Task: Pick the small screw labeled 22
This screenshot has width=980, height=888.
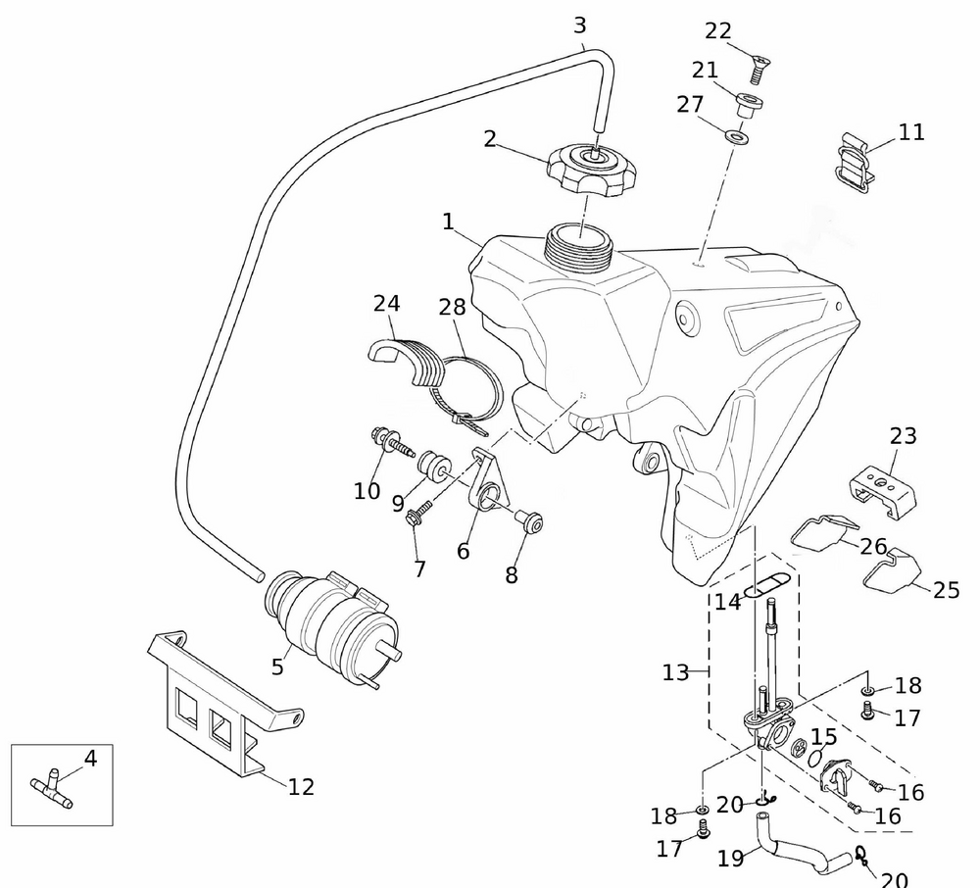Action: tap(758, 69)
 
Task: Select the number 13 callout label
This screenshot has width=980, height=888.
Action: tap(676, 672)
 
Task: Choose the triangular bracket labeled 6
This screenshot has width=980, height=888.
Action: tap(486, 482)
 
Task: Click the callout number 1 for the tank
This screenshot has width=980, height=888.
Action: tap(448, 222)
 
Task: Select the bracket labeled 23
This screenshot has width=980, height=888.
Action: tap(883, 489)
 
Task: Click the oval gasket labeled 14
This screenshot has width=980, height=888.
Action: tap(764, 586)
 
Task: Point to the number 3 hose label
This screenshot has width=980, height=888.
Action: tap(580, 24)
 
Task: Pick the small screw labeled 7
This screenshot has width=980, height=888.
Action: tap(416, 514)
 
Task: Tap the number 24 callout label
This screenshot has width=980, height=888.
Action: tap(386, 304)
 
